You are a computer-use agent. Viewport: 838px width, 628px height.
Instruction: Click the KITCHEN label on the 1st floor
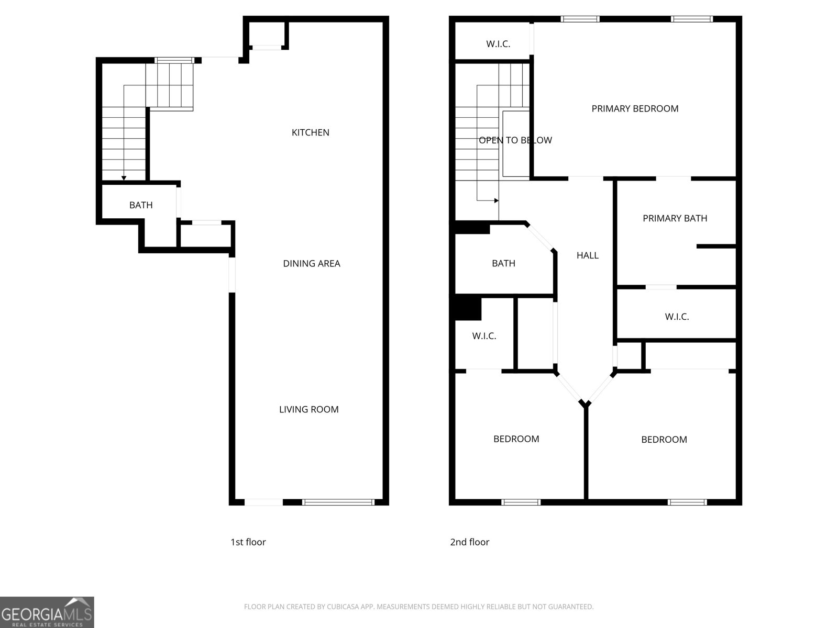pos(311,132)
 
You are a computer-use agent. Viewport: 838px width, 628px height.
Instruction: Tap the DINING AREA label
pos(312,263)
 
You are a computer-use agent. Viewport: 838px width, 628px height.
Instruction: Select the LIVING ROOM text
pos(309,409)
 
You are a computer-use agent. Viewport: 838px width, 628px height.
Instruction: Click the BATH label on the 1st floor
pos(141,205)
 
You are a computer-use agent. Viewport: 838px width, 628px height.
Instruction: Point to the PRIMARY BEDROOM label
pos(635,108)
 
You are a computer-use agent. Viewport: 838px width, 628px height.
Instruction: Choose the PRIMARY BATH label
pos(675,218)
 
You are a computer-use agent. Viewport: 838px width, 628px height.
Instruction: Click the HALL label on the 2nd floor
pos(587,255)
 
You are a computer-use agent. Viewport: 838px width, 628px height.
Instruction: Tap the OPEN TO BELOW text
pos(515,140)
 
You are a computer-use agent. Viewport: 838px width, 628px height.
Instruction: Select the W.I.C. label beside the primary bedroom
pos(498,44)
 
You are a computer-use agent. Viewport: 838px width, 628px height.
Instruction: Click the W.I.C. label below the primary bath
pos(677,317)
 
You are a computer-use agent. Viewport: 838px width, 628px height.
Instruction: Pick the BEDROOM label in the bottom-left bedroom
pos(516,439)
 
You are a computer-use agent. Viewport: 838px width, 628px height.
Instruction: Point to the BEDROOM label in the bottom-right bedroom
pos(664,440)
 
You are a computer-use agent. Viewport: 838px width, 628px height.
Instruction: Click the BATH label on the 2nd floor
pos(503,263)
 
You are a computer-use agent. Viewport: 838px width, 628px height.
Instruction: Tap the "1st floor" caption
pos(248,542)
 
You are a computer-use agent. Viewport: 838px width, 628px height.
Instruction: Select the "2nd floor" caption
pos(470,542)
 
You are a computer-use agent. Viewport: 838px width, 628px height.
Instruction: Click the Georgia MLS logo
pos(47,612)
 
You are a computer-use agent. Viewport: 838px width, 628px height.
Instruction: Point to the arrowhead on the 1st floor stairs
pos(124,178)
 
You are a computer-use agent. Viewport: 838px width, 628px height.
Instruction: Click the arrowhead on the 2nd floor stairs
pos(496,200)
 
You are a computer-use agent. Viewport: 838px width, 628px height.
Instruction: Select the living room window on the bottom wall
pos(338,502)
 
